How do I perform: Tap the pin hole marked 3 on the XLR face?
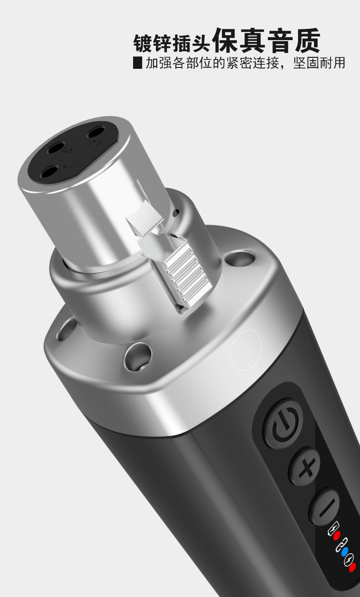point(57,149)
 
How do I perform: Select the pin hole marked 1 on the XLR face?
point(50,172)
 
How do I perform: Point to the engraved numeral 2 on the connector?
point(96,144)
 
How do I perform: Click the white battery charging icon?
point(333,528)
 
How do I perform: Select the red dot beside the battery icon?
point(337,535)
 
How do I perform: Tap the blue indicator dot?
point(345,551)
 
